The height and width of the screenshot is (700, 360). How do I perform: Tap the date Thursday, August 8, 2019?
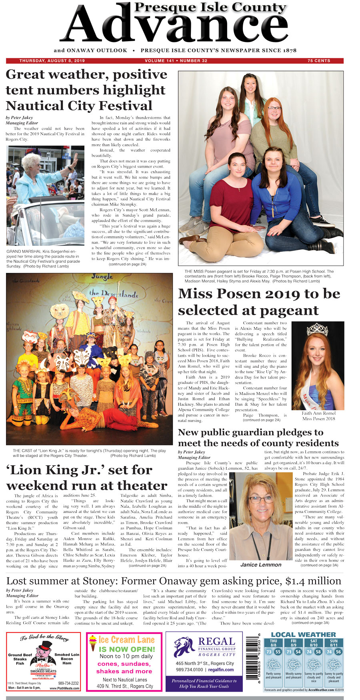(52, 61)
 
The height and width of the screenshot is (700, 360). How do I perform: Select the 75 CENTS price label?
(319, 61)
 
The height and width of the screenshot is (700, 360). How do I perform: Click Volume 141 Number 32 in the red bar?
(176, 61)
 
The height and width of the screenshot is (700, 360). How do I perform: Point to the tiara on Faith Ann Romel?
(317, 329)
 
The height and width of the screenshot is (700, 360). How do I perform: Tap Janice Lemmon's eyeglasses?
(261, 499)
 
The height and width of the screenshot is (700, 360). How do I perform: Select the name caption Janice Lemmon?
(261, 564)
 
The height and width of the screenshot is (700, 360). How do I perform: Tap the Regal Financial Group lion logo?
(184, 647)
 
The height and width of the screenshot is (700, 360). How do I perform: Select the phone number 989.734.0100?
(189, 670)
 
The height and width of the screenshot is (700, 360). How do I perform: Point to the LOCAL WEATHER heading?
(303, 634)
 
